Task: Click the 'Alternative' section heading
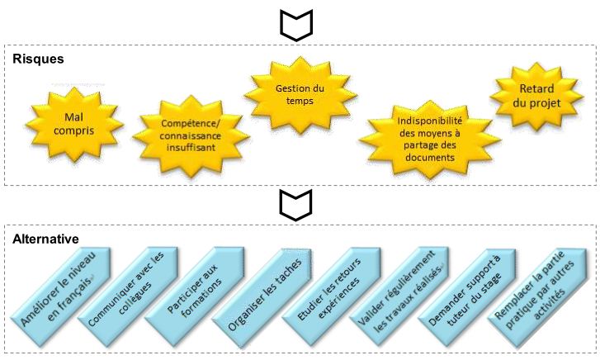45,239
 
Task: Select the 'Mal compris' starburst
75,125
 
